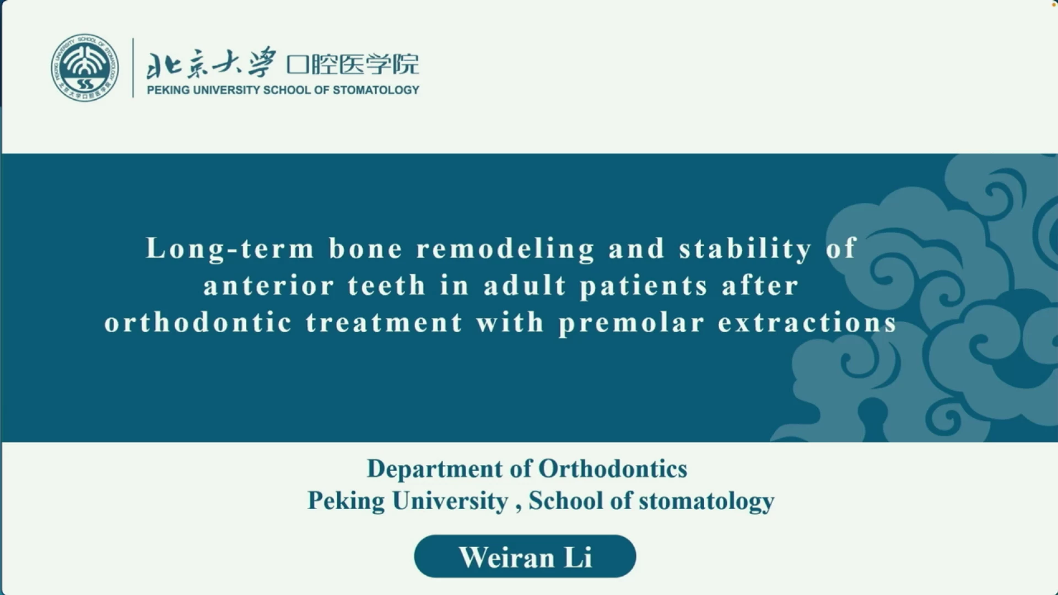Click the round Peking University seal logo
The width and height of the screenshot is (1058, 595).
85,67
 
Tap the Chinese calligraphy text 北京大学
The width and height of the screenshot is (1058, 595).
210,63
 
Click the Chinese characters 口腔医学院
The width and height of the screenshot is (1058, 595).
353,64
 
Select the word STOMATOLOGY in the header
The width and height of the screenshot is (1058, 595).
376,90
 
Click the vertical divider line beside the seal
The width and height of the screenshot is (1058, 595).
133,68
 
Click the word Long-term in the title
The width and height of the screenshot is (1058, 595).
230,248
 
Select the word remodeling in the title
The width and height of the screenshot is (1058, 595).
506,248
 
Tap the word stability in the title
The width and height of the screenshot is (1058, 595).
746,248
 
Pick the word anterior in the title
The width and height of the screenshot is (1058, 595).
269,285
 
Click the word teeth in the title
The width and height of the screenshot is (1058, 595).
387,285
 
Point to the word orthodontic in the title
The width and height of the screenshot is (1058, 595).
198,322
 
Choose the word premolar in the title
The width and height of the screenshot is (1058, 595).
631,323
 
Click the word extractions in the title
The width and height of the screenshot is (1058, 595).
808,322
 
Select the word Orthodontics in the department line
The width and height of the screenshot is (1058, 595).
613,469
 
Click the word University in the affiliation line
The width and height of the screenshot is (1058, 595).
450,501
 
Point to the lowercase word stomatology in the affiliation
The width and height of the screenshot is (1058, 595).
706,501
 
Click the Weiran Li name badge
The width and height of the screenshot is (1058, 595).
525,556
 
